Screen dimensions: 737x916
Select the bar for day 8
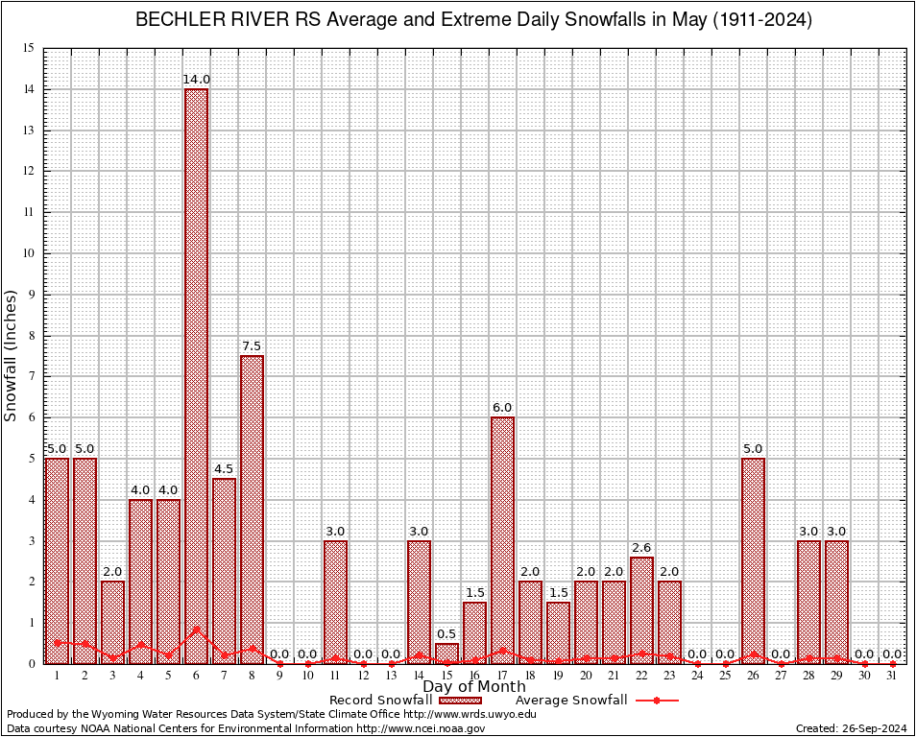[x=252, y=509]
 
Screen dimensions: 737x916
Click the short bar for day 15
[x=446, y=654]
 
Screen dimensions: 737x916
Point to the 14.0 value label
[x=196, y=80]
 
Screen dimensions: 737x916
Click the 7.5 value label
[x=252, y=346]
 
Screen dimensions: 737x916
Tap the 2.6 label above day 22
[x=641, y=548]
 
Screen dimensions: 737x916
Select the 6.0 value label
[x=502, y=408]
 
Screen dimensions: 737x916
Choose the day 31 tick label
[x=892, y=676]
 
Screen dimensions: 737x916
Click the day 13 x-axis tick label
[x=391, y=676]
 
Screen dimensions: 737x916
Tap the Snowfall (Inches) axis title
[x=12, y=355]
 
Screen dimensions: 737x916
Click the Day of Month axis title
[x=474, y=687]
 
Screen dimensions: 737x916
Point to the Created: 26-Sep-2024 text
[x=851, y=728]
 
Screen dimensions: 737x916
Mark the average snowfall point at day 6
[x=196, y=630]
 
